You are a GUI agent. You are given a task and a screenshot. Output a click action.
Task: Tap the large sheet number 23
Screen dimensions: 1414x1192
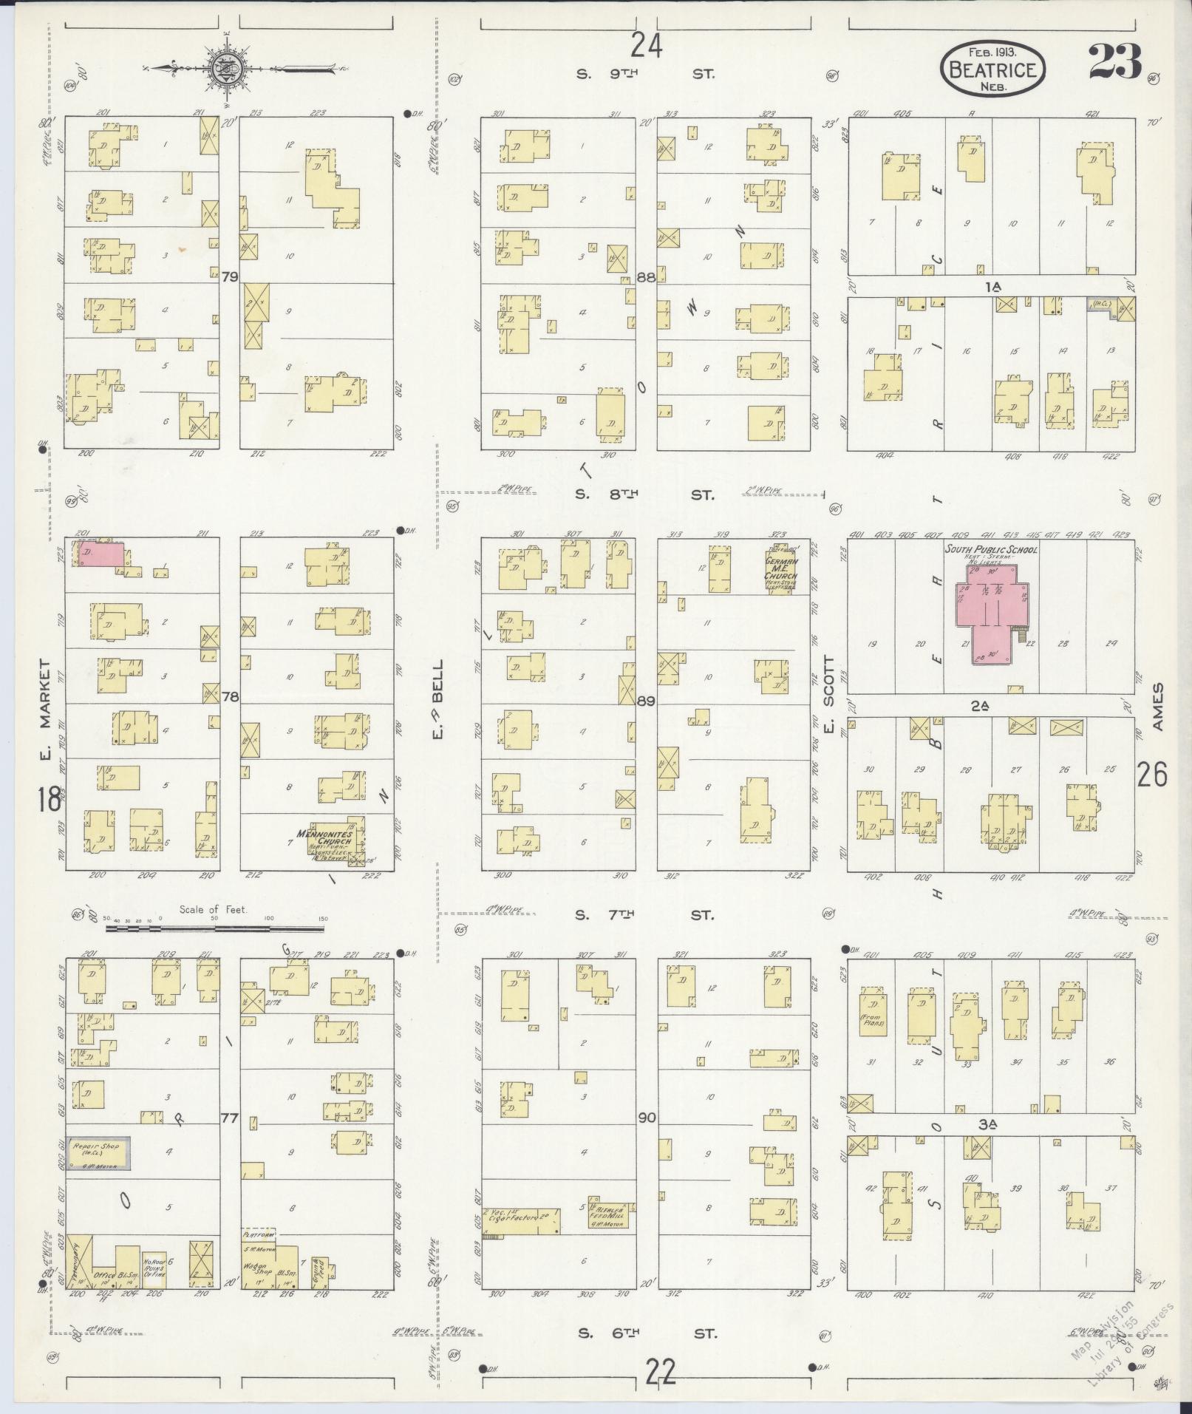point(1114,62)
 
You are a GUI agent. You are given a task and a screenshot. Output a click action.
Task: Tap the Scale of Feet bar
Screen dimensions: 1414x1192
point(214,927)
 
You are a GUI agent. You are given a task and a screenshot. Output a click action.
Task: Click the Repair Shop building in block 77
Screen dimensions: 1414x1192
point(98,1174)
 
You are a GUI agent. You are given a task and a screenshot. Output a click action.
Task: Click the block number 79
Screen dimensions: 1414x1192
point(230,277)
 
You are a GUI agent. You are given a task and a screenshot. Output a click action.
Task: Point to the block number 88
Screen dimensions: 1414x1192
point(646,277)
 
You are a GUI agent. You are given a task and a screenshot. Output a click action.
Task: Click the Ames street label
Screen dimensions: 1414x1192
point(1157,707)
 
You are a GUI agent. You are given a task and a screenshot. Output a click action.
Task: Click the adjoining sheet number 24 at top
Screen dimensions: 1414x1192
point(646,47)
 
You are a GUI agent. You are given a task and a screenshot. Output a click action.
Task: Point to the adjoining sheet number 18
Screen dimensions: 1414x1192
point(50,800)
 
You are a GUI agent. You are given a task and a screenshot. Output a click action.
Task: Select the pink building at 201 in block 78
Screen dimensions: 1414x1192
point(101,554)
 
